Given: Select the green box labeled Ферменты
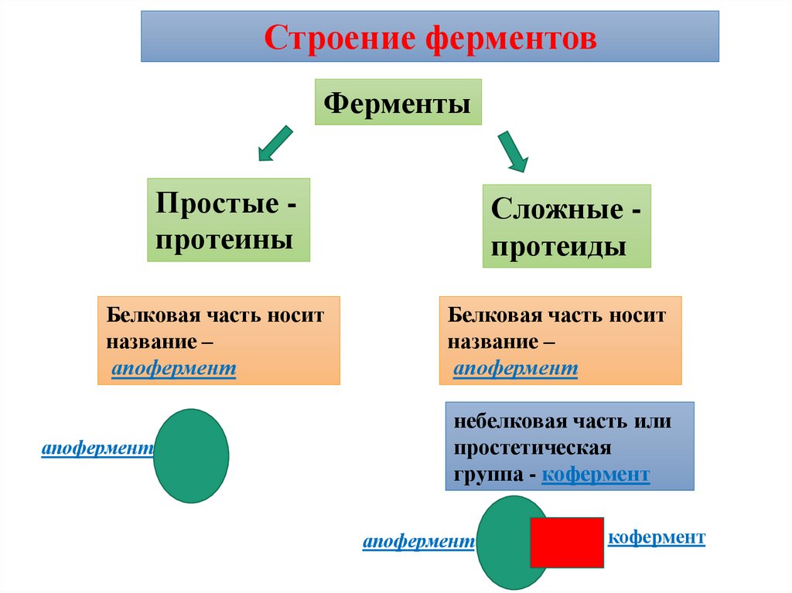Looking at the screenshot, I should coord(398,102).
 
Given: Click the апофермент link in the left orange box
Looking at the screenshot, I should coord(174,370).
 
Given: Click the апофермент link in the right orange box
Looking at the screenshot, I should coord(516,370).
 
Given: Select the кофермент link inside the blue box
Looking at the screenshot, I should coord(596,474).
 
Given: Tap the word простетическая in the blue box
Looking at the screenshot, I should coord(533,448).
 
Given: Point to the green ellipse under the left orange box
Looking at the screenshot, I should coord(191,455).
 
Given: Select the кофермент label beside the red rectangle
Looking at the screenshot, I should coord(657,537).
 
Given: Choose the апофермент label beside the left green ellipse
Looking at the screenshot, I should coord(97,449).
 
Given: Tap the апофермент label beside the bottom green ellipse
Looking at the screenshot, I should coord(418,544).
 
